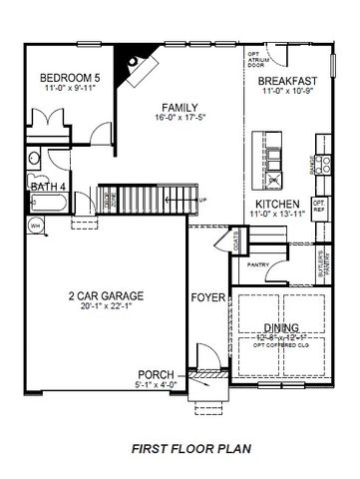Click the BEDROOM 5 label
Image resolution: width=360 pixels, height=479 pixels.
67,78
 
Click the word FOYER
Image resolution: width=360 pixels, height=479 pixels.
206,297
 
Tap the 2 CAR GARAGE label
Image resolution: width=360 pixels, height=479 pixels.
106,296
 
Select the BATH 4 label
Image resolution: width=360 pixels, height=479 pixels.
48,187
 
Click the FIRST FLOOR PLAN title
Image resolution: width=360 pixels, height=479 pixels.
187,449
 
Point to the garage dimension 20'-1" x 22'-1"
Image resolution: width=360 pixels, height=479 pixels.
106,308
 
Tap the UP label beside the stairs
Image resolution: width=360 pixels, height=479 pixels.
203,201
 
